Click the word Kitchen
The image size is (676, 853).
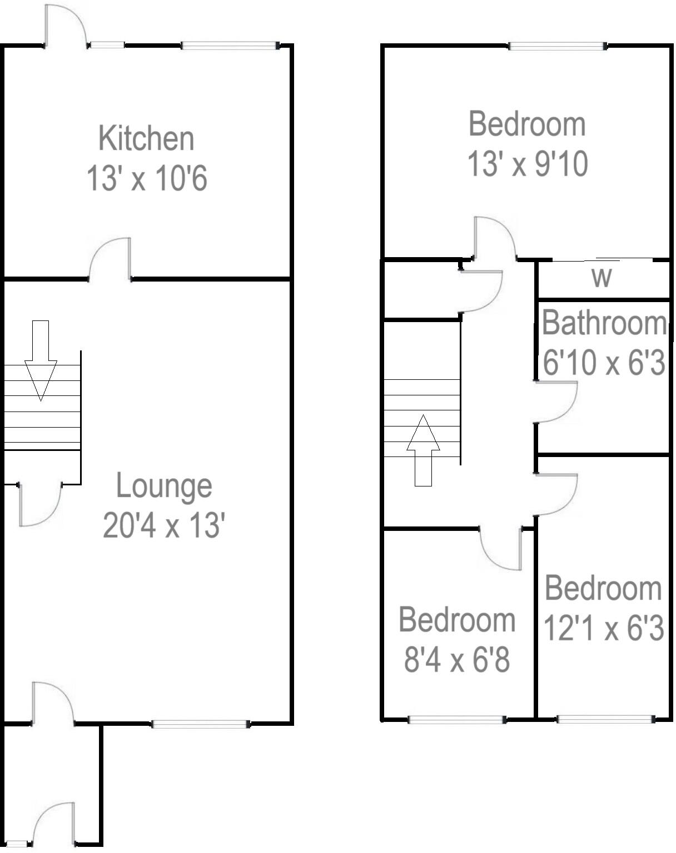click(x=146, y=138)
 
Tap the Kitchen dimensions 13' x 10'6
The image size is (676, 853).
click(x=147, y=179)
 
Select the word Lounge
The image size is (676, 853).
click(x=164, y=486)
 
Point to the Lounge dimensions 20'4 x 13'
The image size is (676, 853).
click(x=164, y=525)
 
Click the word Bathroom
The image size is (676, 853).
click(x=604, y=323)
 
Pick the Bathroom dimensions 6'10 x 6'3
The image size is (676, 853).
click(x=604, y=363)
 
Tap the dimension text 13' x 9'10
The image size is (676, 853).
click(x=527, y=164)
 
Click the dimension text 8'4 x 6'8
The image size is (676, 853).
click(x=457, y=661)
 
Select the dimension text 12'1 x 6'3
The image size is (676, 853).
click(x=604, y=629)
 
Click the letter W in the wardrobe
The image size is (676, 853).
click(x=602, y=277)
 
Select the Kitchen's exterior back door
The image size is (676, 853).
click(x=65, y=27)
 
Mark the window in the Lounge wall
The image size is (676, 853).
click(x=201, y=724)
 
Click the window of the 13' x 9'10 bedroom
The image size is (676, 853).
click(x=557, y=47)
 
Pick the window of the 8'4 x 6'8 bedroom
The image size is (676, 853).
click(x=456, y=720)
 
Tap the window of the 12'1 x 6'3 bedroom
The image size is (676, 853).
click(x=605, y=720)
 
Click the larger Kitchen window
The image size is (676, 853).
click(x=229, y=46)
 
